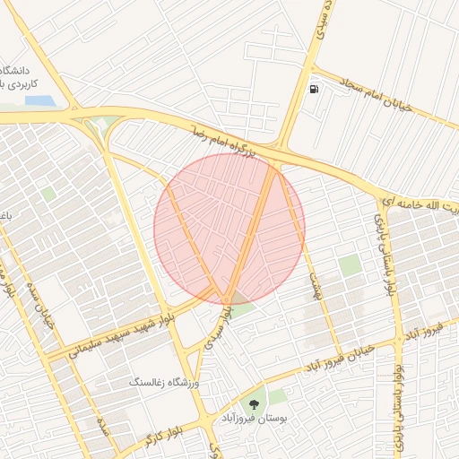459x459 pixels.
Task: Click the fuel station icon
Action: tap(313, 89)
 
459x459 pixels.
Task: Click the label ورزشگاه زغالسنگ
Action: tap(169, 383)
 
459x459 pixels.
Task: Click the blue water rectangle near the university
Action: tap(38, 100)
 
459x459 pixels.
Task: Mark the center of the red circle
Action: tap(229, 228)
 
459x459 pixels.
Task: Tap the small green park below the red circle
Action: tap(244, 307)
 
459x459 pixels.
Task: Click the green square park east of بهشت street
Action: tap(350, 265)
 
